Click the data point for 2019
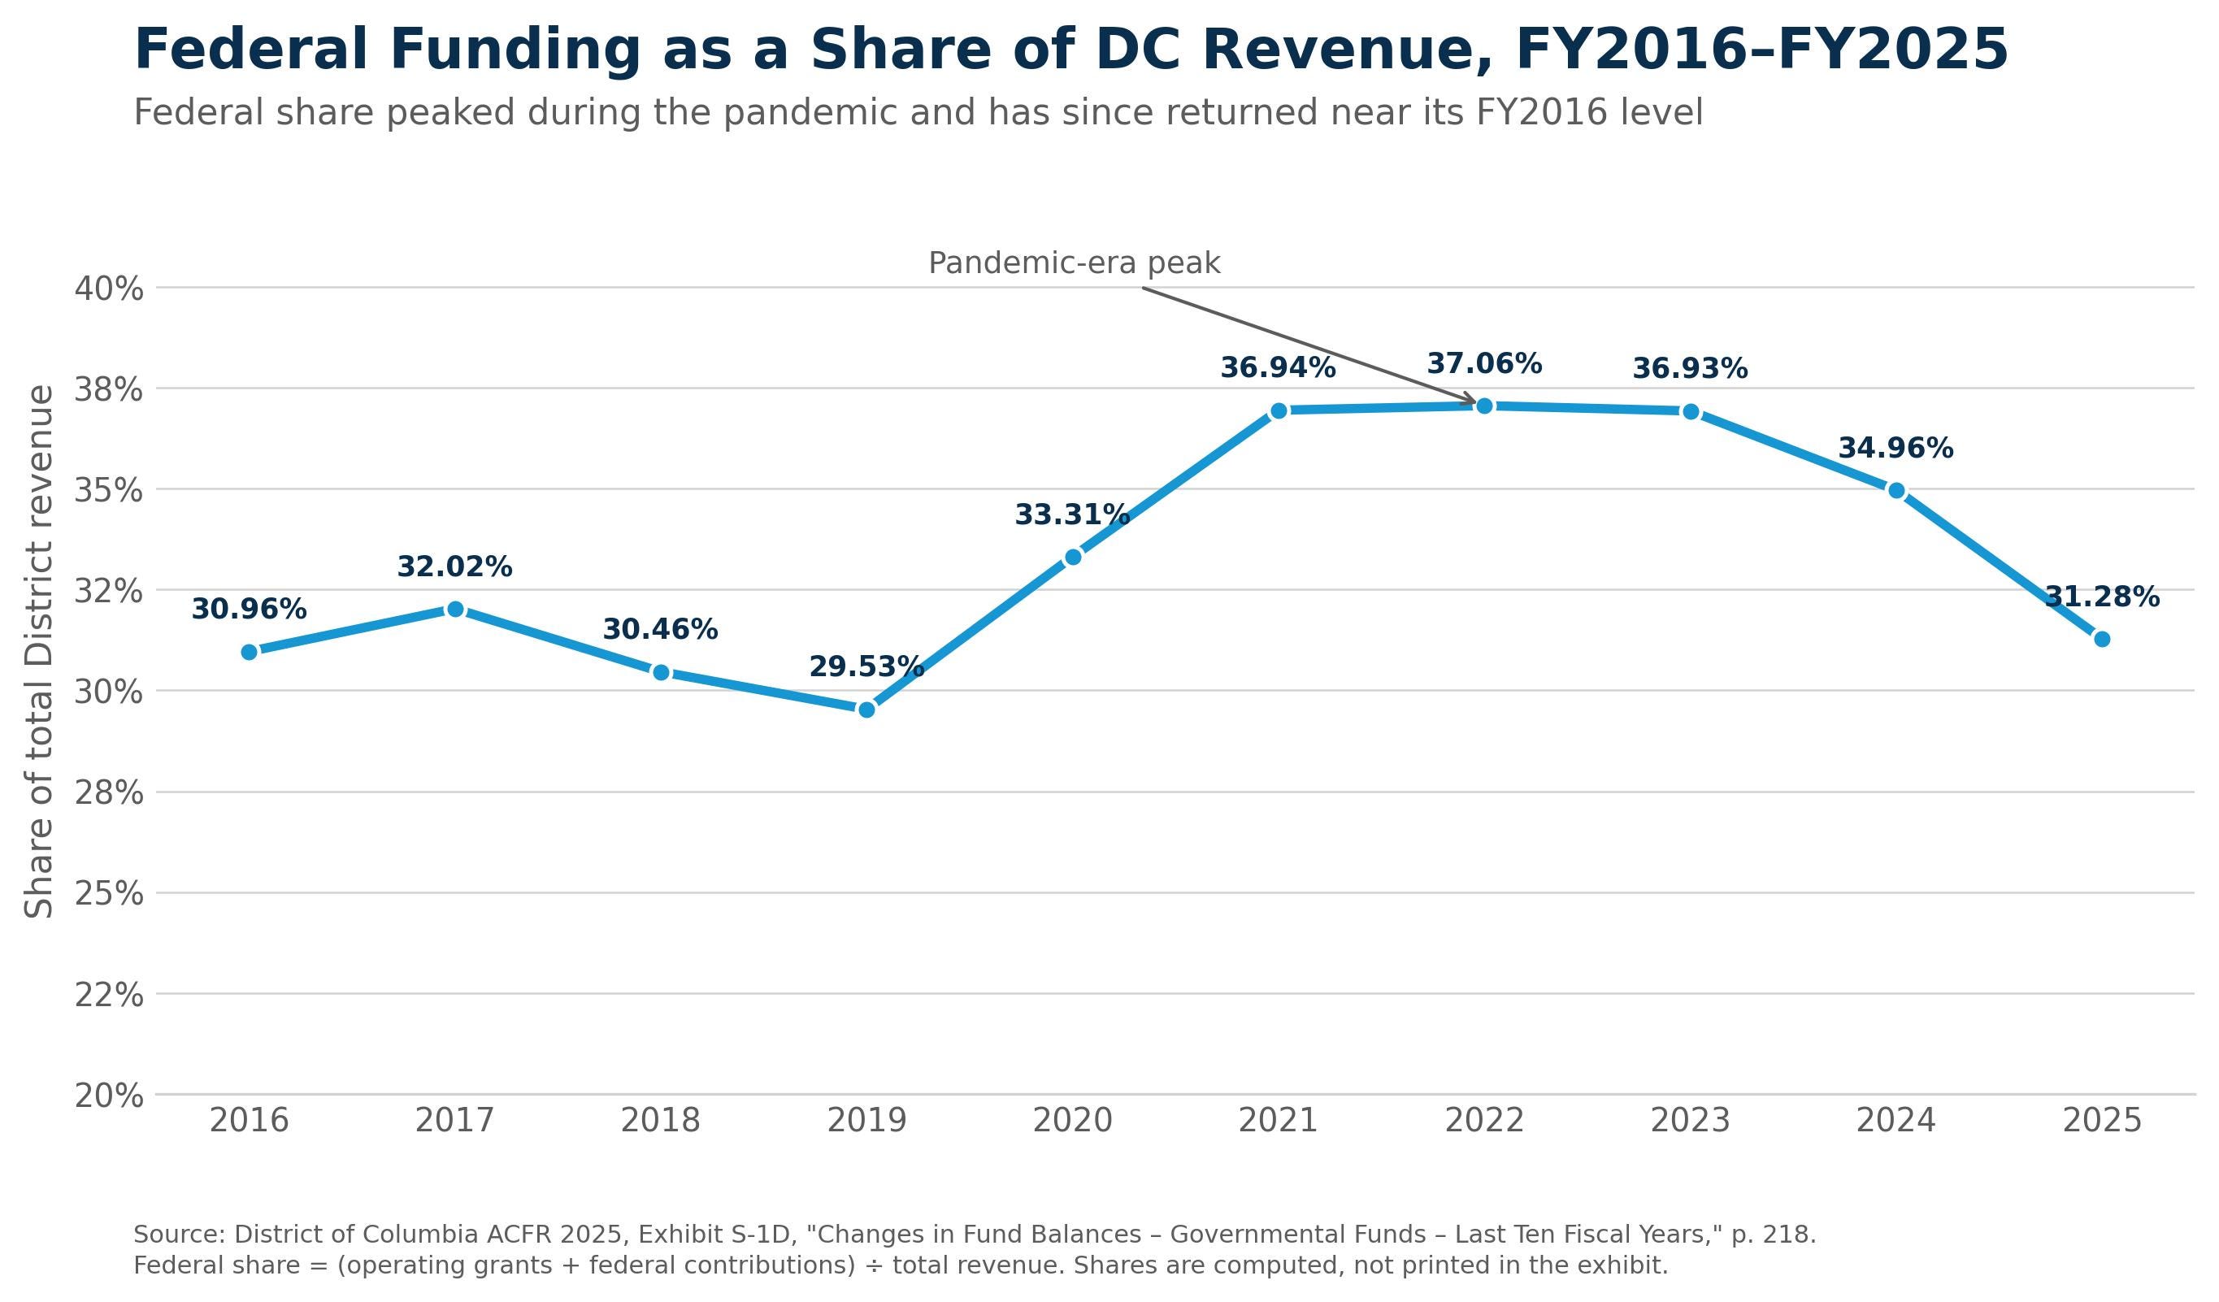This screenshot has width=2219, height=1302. pos(866,710)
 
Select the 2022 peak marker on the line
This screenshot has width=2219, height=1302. pos(1484,406)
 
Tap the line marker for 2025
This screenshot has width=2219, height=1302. pos(2102,639)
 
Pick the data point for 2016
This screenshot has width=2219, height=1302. pos(250,653)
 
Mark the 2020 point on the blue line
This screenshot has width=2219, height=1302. pos(1073,558)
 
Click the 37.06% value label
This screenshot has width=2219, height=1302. pos(1484,363)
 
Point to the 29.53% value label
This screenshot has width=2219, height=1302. pos(866,667)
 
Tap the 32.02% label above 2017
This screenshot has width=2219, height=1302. pos(454,567)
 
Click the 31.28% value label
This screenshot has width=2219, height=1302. pos(2102,597)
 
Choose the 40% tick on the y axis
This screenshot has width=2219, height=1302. pos(108,289)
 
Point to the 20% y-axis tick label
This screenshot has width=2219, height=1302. pos(108,1097)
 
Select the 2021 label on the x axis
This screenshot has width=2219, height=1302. pos(1279,1122)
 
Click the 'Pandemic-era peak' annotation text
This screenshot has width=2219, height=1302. pos(1075,263)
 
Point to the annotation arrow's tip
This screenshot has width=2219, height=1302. pos(1477,403)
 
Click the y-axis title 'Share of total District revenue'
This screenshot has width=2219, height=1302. pos(39,653)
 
